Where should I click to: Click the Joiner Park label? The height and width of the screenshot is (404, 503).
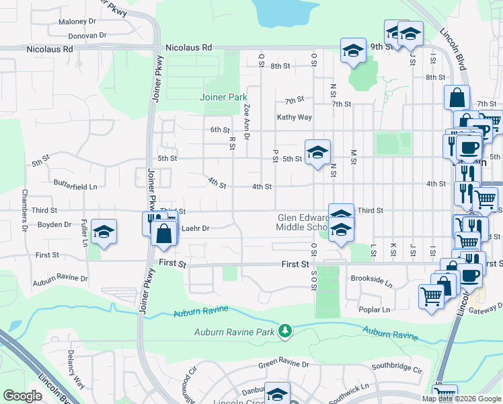(224, 97)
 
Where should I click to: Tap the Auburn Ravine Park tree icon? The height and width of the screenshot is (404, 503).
(286, 331)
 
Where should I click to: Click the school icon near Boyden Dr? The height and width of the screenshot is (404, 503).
(104, 232)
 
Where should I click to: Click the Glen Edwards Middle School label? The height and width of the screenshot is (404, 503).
(304, 222)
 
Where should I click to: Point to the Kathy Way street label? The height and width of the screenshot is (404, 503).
(295, 117)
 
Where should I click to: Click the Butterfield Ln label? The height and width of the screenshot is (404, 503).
(75, 186)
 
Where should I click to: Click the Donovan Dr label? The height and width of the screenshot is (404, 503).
(87, 35)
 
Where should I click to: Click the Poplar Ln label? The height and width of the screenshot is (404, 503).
(375, 310)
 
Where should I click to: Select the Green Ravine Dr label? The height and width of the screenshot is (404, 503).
(284, 364)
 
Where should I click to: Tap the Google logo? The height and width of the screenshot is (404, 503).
(22, 396)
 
